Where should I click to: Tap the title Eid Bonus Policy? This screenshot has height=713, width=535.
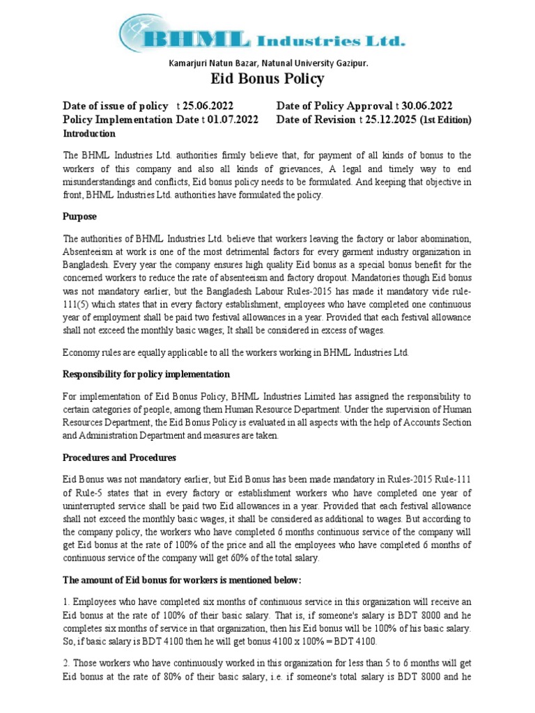tap(267, 79)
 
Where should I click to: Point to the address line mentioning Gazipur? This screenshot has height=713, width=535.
tap(267, 63)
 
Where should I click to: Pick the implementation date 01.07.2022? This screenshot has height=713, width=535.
tap(233, 120)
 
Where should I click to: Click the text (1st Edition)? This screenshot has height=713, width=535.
tap(446, 120)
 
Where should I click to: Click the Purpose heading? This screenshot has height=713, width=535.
tap(80, 217)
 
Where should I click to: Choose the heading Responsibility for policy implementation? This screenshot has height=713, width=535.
tap(146, 375)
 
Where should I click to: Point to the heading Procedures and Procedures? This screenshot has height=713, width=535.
tap(119, 457)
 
